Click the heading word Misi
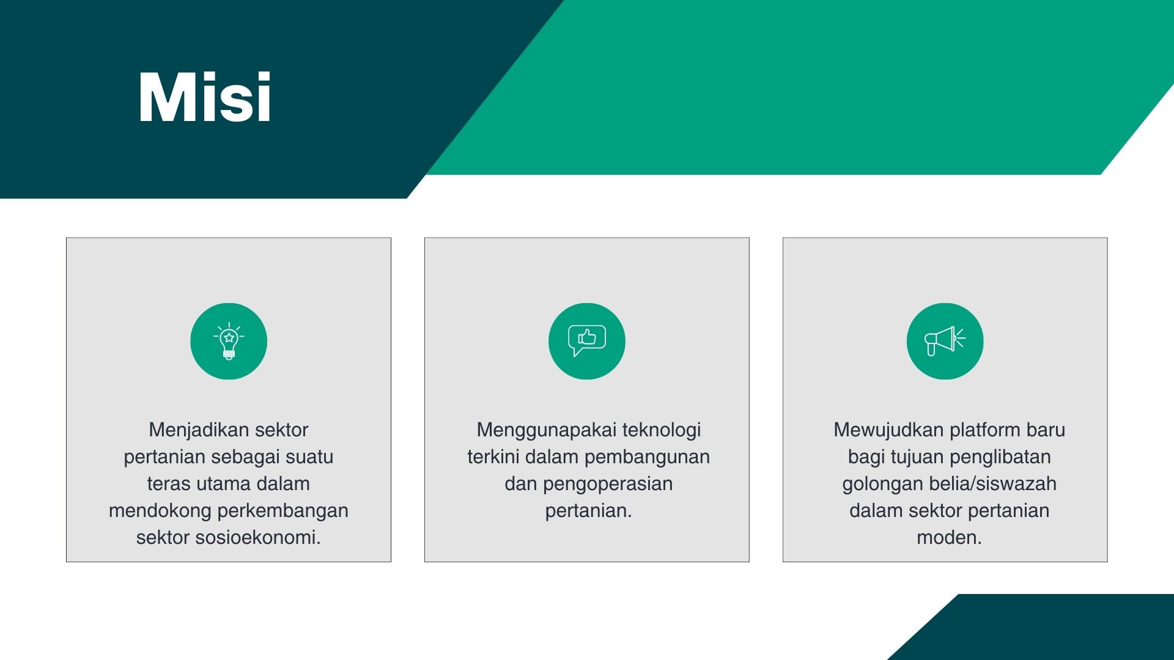[x=205, y=97]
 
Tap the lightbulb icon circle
[x=229, y=341]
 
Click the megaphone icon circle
[x=945, y=341]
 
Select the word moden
[x=949, y=538]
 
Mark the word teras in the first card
[x=170, y=484]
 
